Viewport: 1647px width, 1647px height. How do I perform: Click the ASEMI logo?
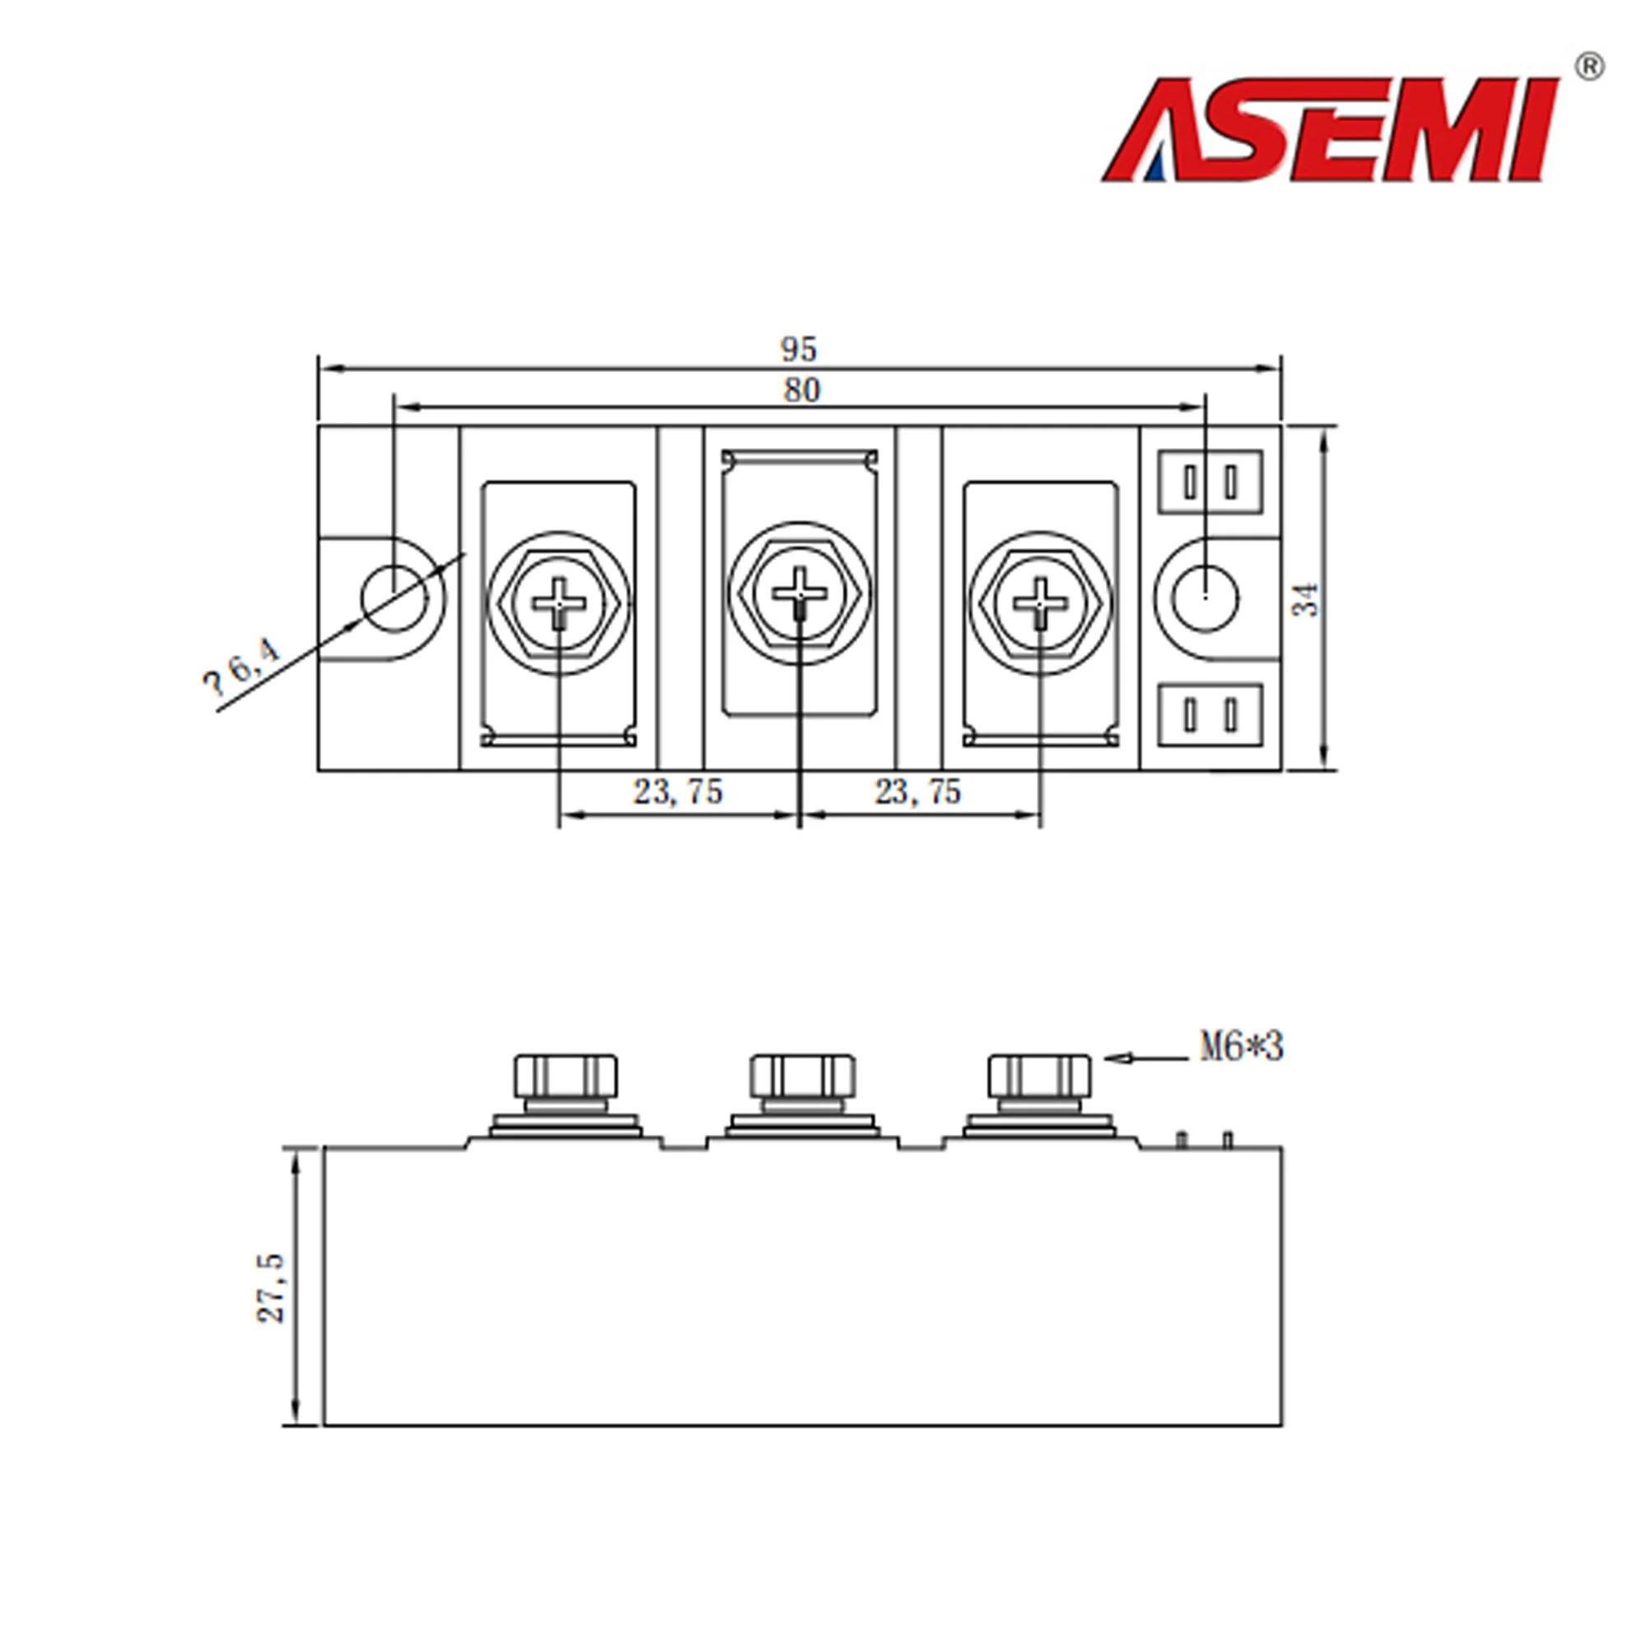pos(1330,130)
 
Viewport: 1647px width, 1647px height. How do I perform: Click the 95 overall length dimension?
pos(799,348)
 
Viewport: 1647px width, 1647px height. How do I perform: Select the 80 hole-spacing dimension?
pos(801,390)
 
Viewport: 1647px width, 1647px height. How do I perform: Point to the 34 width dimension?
pos(1306,599)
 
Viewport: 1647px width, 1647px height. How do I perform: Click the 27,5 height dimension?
pos(270,1287)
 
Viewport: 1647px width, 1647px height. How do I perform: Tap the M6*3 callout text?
pos(1241,1047)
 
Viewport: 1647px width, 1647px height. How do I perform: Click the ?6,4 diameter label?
pos(241,668)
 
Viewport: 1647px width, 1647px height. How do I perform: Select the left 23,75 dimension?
pos(678,793)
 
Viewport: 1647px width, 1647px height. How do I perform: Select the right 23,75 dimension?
pos(917,793)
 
